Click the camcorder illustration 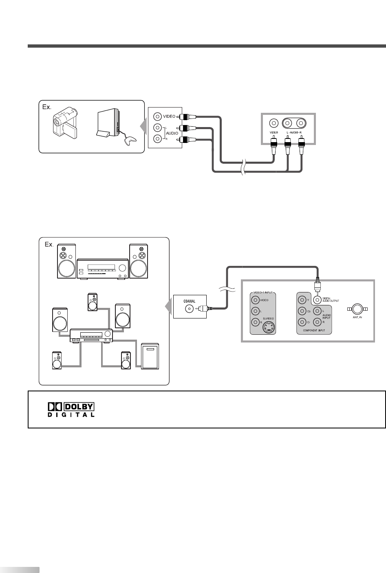point(64,123)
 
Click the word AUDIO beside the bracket point(171,133)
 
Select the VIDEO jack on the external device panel point(157,116)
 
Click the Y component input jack point(302,300)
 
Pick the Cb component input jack point(302,311)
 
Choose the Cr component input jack point(302,322)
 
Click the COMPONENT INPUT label point(314,331)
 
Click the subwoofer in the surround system point(150,356)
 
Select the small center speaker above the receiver point(93,301)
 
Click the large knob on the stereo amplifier point(122,268)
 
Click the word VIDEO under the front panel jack point(273,133)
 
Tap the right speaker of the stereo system point(138,261)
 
